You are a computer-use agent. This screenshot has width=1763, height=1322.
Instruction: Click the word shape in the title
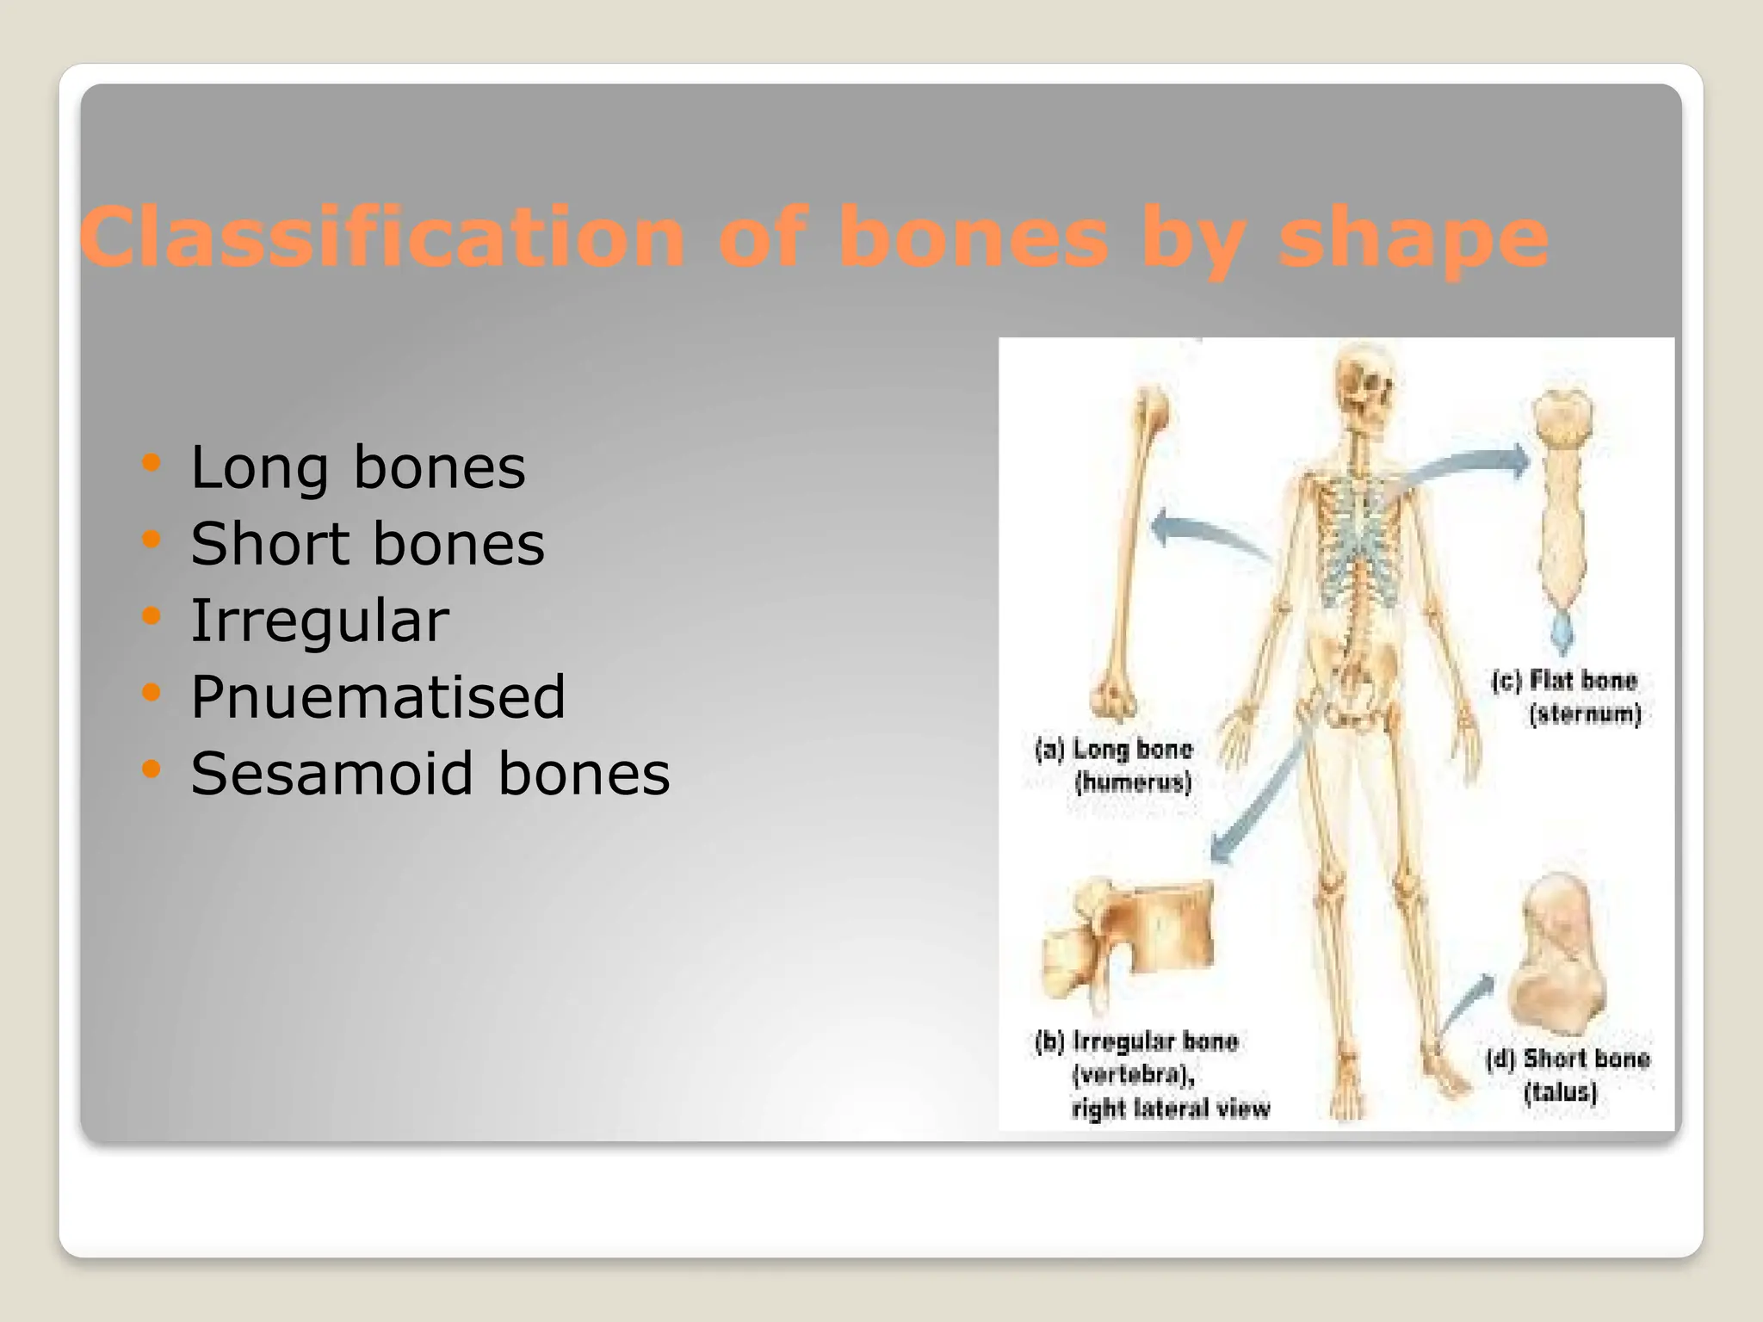[x=1413, y=239]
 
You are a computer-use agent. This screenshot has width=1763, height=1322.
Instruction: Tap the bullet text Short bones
[x=368, y=544]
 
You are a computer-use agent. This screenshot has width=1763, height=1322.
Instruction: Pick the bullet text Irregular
[x=319, y=621]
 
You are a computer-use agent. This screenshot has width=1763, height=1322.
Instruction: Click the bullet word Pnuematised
[x=378, y=696]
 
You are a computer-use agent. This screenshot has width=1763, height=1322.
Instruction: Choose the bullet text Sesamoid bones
[x=430, y=773]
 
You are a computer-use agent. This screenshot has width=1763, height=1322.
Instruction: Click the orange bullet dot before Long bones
[x=152, y=463]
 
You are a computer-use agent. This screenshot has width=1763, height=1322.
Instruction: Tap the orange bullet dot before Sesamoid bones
[x=152, y=769]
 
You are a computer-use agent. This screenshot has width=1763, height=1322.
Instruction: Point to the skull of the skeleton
[x=1364, y=387]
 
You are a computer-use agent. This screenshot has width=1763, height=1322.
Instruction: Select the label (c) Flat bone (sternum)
[x=1567, y=697]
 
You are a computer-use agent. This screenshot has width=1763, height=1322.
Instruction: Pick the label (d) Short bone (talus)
[x=1567, y=1075]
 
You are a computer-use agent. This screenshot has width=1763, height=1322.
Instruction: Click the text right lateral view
[x=1171, y=1109]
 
